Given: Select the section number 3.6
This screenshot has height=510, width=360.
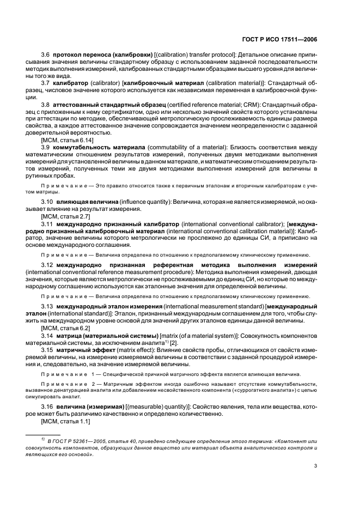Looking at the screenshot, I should click(x=46, y=56).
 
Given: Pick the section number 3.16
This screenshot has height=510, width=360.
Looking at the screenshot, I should click(x=47, y=408).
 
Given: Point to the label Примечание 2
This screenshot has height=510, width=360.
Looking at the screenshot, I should click(x=63, y=384).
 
